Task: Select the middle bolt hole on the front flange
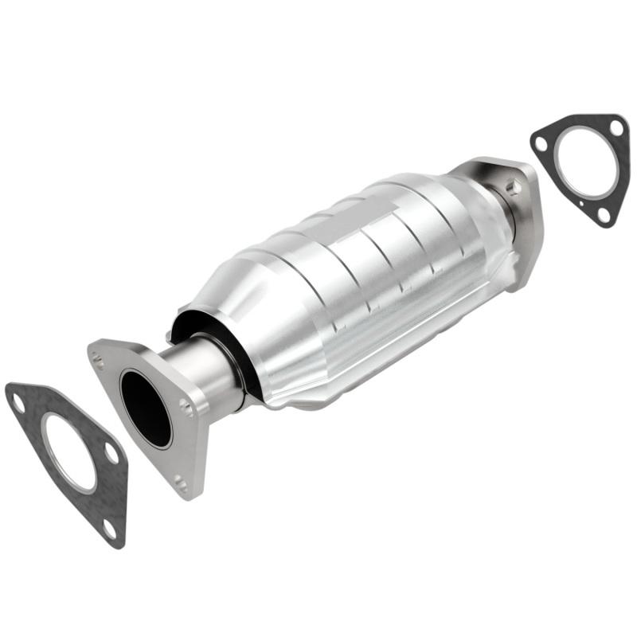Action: [188, 408]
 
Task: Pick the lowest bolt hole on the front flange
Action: [181, 483]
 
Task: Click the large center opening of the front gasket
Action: [68, 451]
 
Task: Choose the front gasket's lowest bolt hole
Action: [108, 526]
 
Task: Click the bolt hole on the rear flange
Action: [514, 188]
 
